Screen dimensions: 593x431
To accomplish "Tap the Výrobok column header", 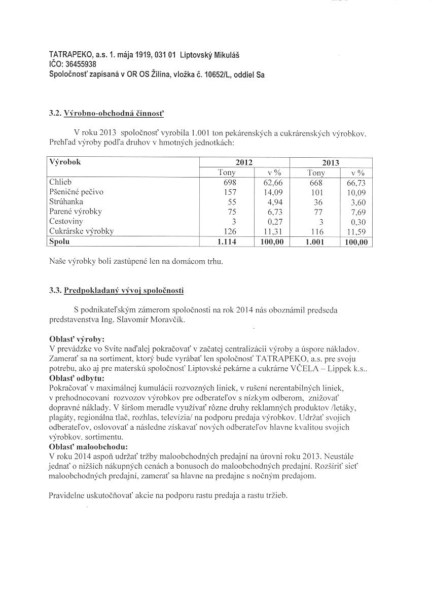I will (x=65, y=162).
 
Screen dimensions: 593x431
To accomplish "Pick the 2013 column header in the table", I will (x=331, y=163).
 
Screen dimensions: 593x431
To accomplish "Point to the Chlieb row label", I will (x=60, y=182).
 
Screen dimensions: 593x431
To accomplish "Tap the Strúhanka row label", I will (x=66, y=202).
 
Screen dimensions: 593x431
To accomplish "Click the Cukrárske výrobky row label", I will (x=81, y=231).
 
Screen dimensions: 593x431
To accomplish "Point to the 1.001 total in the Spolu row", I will (x=315, y=242).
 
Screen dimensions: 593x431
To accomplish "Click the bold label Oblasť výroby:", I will (x=77, y=339).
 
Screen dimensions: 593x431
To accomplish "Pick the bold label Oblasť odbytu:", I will (x=77, y=378).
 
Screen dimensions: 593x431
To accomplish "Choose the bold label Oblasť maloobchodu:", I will (x=89, y=446).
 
